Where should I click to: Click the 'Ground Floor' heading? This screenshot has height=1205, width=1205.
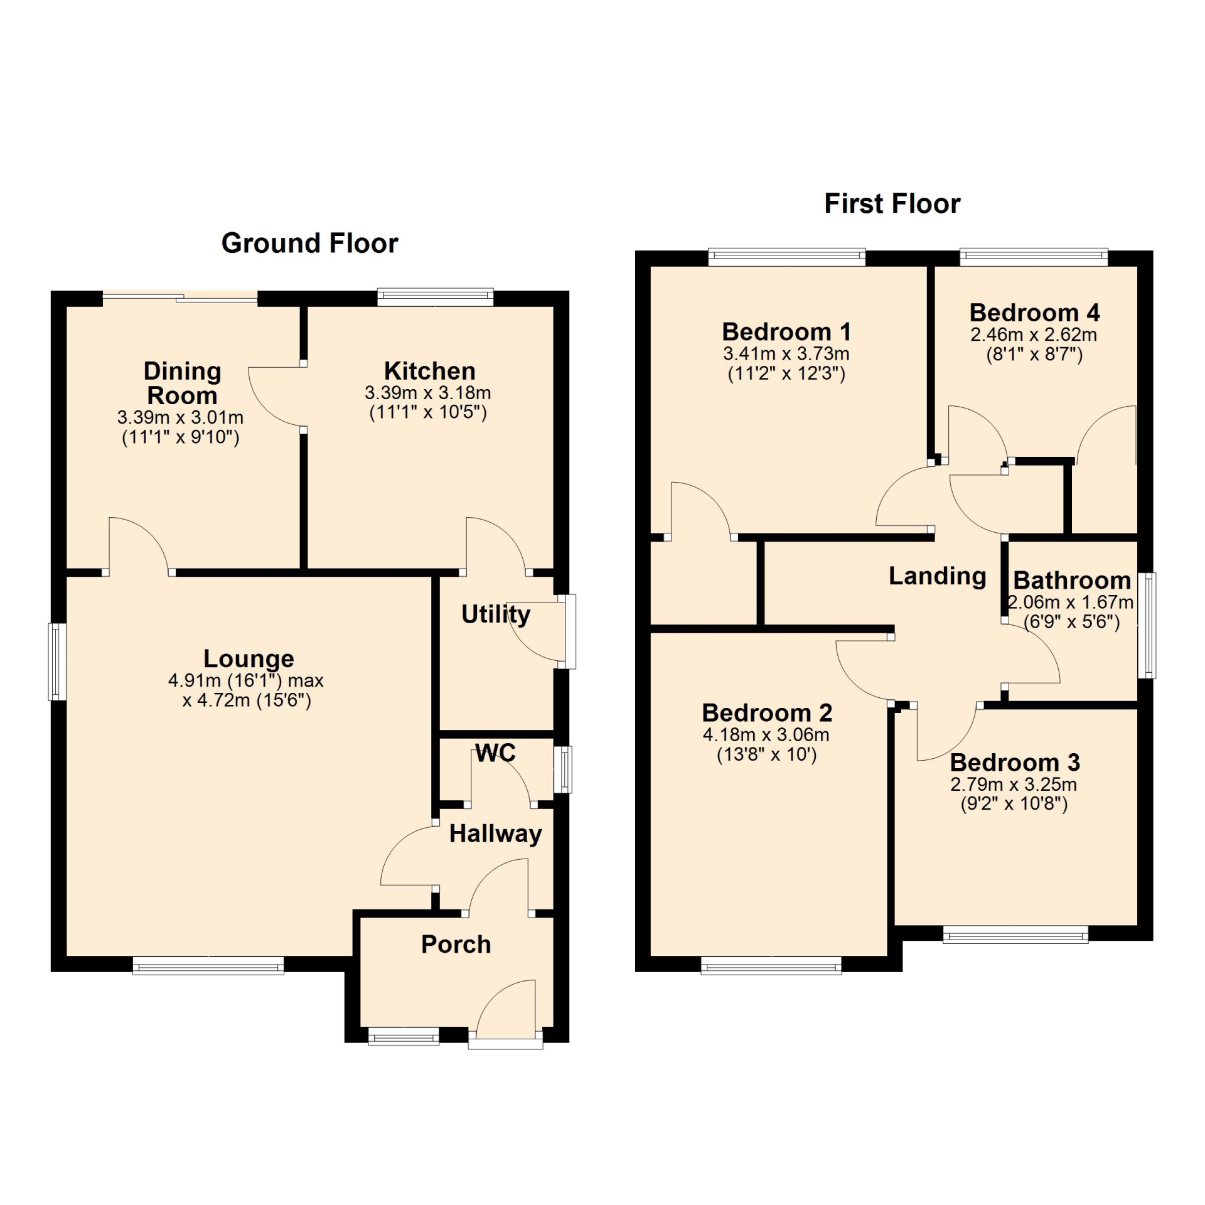coord(309,244)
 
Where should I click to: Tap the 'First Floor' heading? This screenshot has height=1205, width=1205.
coord(892,204)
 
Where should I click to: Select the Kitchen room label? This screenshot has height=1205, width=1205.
coord(429,371)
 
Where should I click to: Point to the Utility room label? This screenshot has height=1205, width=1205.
coord(496,614)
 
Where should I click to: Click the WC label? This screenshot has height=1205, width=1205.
coord(495,752)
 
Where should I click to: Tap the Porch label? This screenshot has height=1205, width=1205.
coord(456,945)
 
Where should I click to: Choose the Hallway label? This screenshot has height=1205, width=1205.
coord(495,834)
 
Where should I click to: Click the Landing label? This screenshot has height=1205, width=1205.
coord(937,576)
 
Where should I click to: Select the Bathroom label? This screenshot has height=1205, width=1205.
coord(1072,581)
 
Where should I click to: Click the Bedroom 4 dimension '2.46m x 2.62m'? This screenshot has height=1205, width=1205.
coord(1034,335)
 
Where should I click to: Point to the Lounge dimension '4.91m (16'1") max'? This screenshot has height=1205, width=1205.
coord(245,680)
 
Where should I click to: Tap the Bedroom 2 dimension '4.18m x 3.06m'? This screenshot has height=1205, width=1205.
coord(766,734)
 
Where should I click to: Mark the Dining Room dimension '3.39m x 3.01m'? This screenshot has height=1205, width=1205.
coord(180,417)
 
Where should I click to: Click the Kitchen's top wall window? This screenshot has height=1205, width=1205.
coord(436,297)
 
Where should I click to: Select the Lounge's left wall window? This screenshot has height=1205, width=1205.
coord(58,661)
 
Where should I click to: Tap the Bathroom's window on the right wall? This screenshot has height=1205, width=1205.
coord(1147,626)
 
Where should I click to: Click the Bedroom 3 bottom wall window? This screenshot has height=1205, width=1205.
coord(1015,934)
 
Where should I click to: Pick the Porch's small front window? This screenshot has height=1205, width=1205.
coord(404,1037)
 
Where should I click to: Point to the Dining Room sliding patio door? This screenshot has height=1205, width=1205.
coord(180,298)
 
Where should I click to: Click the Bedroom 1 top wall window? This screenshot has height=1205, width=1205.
coord(787,257)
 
